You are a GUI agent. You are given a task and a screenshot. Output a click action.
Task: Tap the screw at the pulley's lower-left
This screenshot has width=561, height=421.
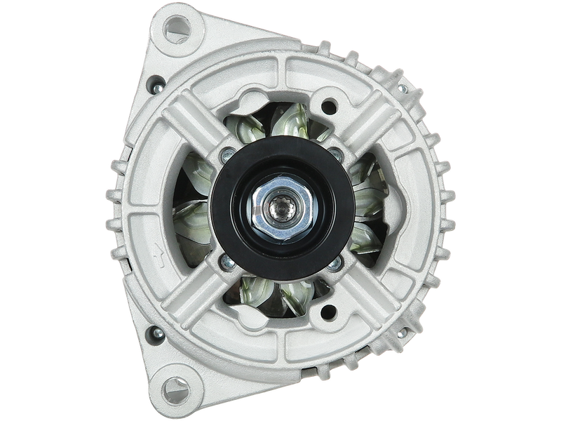[225, 263]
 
